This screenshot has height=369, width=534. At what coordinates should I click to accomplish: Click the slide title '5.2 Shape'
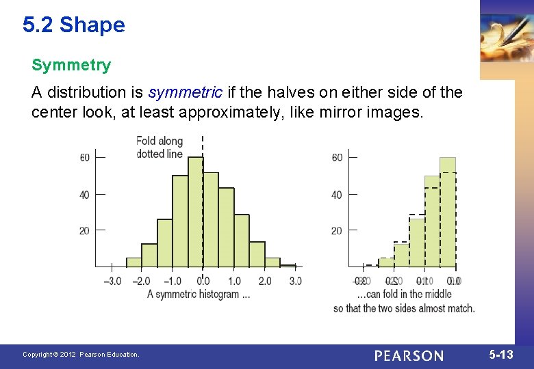tap(73, 25)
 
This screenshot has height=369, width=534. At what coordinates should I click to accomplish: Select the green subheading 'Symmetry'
tap(71, 66)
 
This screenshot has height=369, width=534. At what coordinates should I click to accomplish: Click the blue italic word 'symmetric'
tap(185, 92)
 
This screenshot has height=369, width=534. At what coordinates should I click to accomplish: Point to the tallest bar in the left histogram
tap(195, 212)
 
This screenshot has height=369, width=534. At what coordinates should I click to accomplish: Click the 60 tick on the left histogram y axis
tap(85, 158)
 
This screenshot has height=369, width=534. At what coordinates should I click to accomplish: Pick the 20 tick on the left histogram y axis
tap(85, 231)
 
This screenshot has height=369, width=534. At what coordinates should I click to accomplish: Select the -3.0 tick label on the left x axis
tap(112, 281)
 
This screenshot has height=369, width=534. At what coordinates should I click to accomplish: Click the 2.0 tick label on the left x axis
tap(265, 281)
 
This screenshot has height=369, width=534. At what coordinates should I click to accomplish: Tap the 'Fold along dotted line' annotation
tap(160, 148)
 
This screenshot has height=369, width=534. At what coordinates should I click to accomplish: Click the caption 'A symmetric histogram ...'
tap(199, 295)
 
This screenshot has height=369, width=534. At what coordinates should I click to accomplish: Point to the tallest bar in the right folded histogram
tap(448, 212)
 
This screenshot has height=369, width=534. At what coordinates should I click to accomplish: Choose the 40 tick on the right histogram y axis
tap(337, 195)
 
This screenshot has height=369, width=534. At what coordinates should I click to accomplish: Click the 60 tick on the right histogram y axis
tap(337, 158)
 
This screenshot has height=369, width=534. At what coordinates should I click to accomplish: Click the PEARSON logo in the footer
tap(409, 355)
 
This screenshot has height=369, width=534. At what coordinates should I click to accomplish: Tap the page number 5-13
tap(500, 355)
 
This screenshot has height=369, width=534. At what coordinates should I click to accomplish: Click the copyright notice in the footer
tap(81, 355)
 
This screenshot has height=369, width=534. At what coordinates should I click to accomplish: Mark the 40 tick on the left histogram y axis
tap(85, 195)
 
